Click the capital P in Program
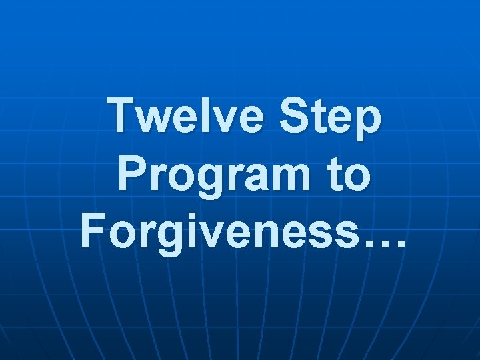click(x=131, y=175)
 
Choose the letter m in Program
click(x=291, y=179)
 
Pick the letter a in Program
click(x=259, y=179)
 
